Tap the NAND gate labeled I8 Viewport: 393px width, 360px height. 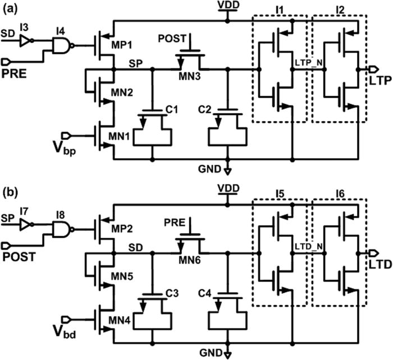pyautogui.click(x=61, y=228)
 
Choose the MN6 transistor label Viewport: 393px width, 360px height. pyautogui.click(x=189, y=264)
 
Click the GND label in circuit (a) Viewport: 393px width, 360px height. pyautogui.click(x=213, y=168)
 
